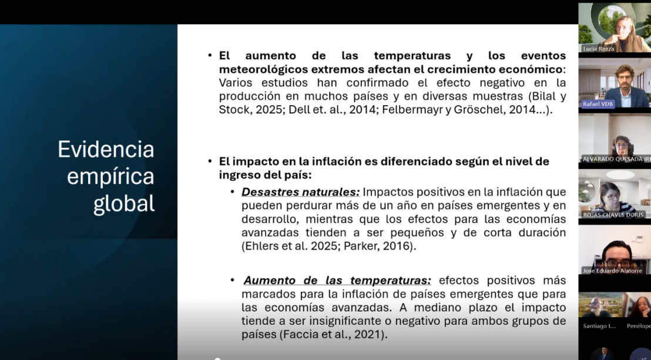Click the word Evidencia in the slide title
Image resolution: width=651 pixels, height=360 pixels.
[x=106, y=149]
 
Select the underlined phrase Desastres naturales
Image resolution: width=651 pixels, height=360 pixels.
[x=301, y=192]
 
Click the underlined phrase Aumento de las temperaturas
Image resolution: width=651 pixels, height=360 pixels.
[x=337, y=281]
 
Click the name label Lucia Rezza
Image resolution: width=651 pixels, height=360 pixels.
[x=598, y=49]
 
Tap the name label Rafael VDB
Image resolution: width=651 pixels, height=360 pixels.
[x=598, y=104]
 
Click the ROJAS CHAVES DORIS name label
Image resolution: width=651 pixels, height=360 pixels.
[x=613, y=215]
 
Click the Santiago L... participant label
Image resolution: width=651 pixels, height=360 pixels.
[x=599, y=325]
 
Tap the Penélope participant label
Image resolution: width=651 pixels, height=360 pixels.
[x=639, y=325]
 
